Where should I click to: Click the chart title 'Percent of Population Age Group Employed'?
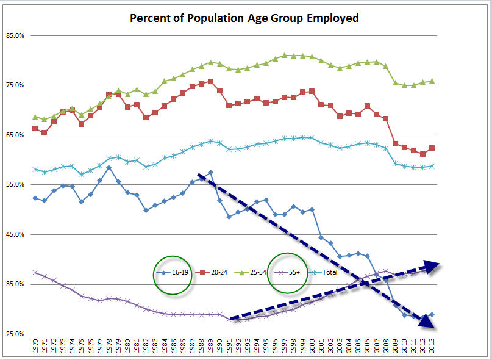click(x=244, y=18)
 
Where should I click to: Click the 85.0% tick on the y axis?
click(x=15, y=35)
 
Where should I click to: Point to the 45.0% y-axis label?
click(x=15, y=234)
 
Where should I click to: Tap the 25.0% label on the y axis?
click(x=15, y=334)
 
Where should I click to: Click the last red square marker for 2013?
click(x=432, y=148)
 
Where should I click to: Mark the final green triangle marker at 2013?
click(x=432, y=81)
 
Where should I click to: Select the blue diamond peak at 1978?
click(x=109, y=167)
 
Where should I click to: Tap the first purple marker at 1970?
click(x=35, y=273)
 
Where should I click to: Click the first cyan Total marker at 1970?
click(x=35, y=169)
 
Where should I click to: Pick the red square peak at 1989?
click(x=210, y=81)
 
